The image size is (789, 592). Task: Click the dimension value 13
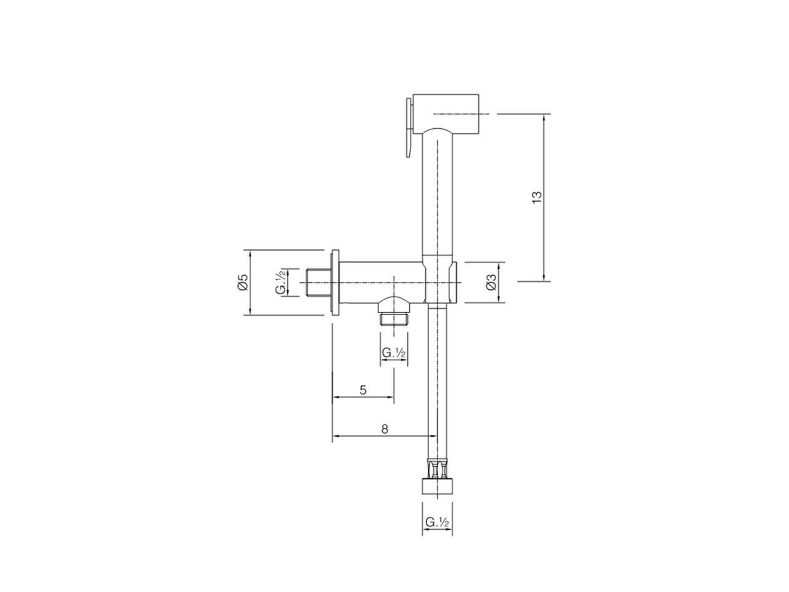pyautogui.click(x=537, y=197)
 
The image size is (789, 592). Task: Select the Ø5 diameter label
pyautogui.click(x=242, y=282)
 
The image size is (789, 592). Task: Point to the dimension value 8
pyautogui.click(x=385, y=429)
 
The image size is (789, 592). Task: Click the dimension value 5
pyautogui.click(x=363, y=390)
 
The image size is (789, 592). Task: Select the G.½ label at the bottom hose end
pyautogui.click(x=436, y=522)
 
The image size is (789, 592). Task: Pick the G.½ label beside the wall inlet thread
pyautogui.click(x=280, y=282)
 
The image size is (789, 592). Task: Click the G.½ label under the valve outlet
pyautogui.click(x=393, y=353)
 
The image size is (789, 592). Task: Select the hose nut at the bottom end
pyautogui.click(x=437, y=486)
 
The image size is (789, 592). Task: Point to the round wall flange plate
pyautogui.click(x=335, y=282)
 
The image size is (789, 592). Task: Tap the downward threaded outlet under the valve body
pyautogui.click(x=393, y=318)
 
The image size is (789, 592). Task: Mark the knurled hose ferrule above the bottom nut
pyautogui.click(x=437, y=469)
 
